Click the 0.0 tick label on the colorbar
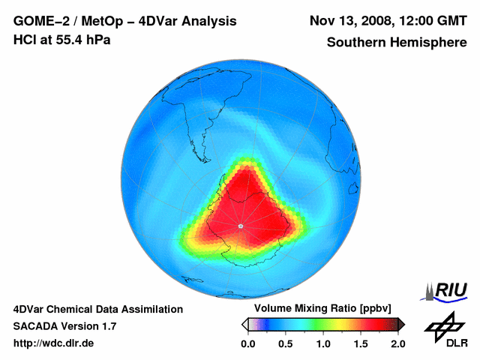pos(247,343)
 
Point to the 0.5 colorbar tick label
pos(285,343)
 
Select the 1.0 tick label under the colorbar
pos(323,343)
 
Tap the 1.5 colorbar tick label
pos(361,343)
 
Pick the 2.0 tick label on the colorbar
pos(397,343)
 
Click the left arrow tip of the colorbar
pos(244,325)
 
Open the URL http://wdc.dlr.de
pos(54,343)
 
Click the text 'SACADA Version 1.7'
pos(64,326)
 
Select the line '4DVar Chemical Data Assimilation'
pos(97,309)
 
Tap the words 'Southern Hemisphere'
pos(397,43)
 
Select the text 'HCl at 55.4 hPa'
pos(61,39)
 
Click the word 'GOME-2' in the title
pos(42,20)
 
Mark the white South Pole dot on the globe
pos(240,226)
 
